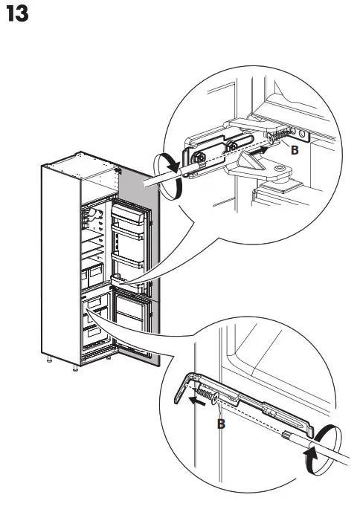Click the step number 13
(17, 14)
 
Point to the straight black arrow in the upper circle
(254, 152)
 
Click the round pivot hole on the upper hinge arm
(280, 176)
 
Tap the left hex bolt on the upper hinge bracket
(201, 157)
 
